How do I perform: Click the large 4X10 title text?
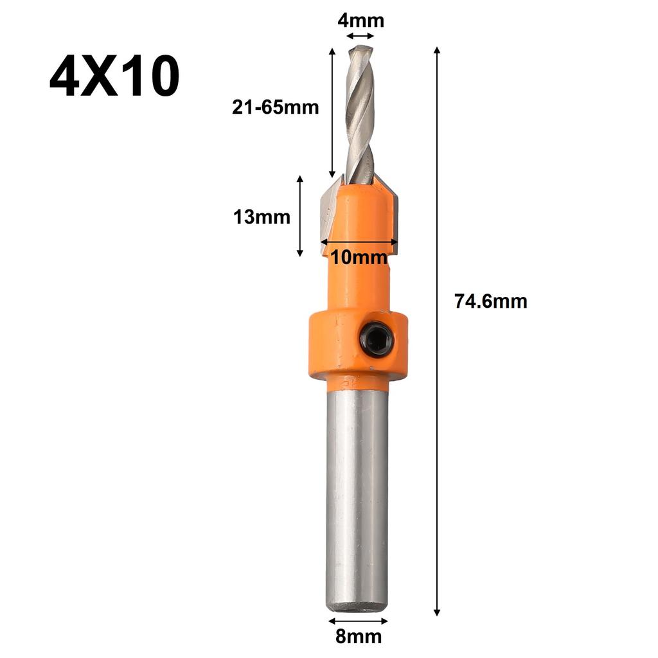pyautogui.click(x=114, y=76)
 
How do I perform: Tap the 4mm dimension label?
pyautogui.click(x=360, y=21)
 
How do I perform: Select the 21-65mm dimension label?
pyautogui.click(x=275, y=107)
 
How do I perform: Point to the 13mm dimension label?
pyautogui.click(x=262, y=217)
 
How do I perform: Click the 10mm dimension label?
pyautogui.click(x=359, y=258)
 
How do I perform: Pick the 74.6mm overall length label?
pyautogui.click(x=490, y=301)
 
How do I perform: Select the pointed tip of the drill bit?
pyautogui.click(x=360, y=48)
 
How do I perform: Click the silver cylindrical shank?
pyautogui.click(x=357, y=495)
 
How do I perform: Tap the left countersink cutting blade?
pyautogui.click(x=329, y=212)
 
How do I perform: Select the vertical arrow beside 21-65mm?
pyautogui.click(x=332, y=112)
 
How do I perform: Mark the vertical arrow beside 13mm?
pyautogui.click(x=299, y=217)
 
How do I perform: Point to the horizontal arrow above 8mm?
pyautogui.click(x=358, y=621)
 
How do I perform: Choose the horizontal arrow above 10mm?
pyautogui.click(x=359, y=242)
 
